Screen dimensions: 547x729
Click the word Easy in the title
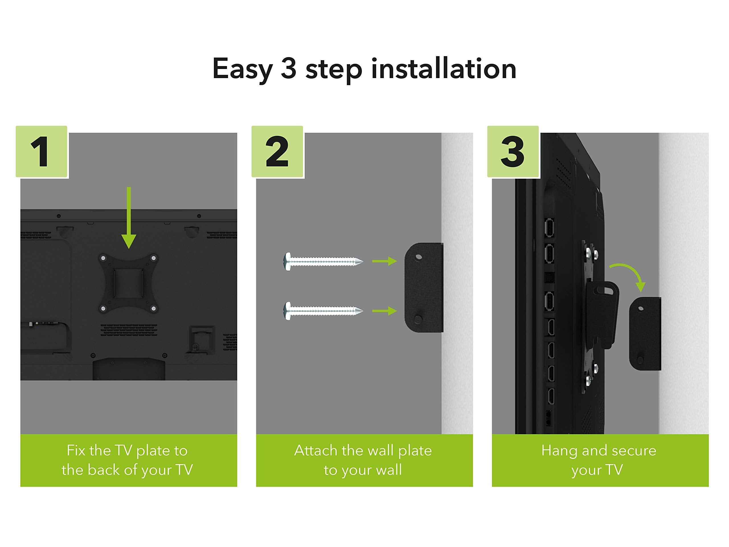point(242,69)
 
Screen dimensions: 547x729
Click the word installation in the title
point(444,69)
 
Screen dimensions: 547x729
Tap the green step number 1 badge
point(42,152)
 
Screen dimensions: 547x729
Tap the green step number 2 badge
point(277,152)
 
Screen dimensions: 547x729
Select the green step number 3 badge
point(513,152)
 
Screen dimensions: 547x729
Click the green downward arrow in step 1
point(129,218)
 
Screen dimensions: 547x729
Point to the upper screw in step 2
point(323,262)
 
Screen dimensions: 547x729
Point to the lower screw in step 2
point(323,311)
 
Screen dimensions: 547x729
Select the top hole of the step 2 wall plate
point(419,256)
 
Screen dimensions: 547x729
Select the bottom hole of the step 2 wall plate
point(417,319)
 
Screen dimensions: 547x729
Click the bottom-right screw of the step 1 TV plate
point(153,308)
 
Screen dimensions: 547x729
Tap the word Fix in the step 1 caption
point(76,450)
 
